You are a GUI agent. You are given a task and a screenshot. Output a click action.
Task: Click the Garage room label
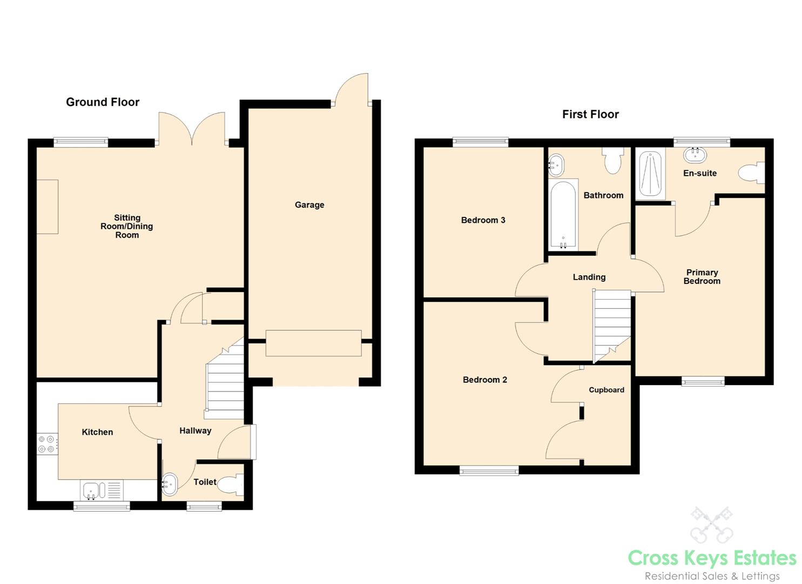coord(309,205)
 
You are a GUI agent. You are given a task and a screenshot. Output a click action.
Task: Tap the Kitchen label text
coord(97,432)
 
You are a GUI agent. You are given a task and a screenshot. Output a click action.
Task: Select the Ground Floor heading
coord(103,102)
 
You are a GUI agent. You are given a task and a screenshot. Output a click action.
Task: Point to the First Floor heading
coord(590,114)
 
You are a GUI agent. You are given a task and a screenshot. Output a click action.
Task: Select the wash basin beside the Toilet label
coord(170,484)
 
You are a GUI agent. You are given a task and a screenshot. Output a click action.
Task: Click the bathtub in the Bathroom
coord(563,214)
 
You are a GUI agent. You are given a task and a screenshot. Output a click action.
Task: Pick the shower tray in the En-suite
coord(650,174)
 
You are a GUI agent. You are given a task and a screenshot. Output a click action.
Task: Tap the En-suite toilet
coord(752,173)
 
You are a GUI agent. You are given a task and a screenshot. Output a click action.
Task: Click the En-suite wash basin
coord(695,155)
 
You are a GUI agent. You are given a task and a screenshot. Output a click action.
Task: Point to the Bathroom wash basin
coord(556,165)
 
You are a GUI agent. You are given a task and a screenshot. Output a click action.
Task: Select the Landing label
coord(589,277)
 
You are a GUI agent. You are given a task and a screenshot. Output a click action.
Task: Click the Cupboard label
coord(606,390)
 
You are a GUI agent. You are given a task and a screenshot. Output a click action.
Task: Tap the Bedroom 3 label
coord(483,220)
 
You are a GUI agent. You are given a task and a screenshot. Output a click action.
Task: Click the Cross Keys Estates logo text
coord(712,559)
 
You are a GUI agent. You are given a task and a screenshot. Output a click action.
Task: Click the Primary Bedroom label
coord(702,277)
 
